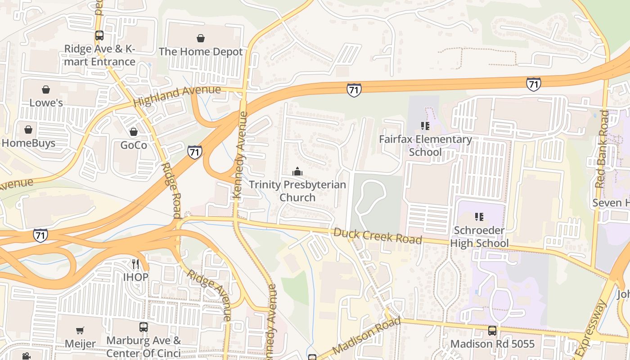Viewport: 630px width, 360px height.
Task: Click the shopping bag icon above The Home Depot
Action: coord(201,38)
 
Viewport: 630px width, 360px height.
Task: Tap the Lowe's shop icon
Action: coord(46,90)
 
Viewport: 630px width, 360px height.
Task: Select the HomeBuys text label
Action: coord(28,143)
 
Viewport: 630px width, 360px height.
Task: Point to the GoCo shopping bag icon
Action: coord(133,132)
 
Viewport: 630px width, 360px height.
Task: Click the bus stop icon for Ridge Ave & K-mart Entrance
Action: coord(99,36)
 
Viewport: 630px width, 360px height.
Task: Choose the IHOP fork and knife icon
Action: coord(135,264)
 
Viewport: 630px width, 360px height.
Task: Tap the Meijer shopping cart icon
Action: coord(80,331)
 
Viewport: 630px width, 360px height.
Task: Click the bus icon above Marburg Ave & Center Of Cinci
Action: coord(144,327)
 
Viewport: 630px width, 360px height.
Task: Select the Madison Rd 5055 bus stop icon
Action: coord(492,331)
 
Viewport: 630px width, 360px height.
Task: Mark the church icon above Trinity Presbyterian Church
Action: coord(297,171)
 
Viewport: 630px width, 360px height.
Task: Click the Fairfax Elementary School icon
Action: coord(425,126)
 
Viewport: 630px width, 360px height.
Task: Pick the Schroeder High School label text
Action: coord(481,237)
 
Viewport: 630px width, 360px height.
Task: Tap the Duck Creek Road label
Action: coord(378,236)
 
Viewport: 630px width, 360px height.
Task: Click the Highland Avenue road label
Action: coord(177,95)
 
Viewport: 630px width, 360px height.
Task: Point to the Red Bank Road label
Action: coord(602,149)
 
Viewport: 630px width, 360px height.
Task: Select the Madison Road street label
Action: coord(366,337)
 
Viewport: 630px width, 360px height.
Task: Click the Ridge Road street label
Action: coord(171,184)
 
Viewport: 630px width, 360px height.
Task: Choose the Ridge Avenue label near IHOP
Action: coord(209,295)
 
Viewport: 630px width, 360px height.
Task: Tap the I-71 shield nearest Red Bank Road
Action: coord(533,84)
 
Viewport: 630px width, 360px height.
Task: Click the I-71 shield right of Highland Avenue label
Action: coord(354,90)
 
